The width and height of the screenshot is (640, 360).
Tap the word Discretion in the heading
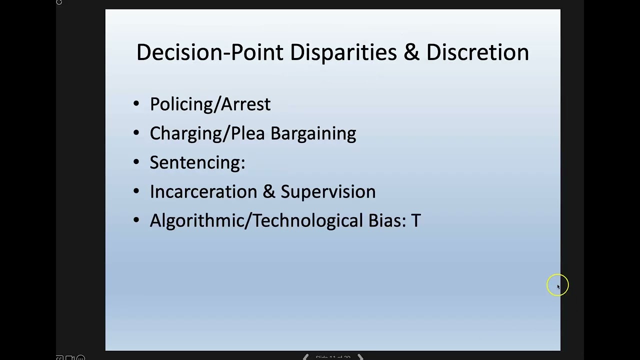point(477,52)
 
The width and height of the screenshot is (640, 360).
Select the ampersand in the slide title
point(411,52)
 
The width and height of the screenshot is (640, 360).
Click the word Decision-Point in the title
point(209,52)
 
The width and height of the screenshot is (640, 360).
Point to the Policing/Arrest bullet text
point(210,104)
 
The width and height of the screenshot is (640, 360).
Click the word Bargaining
point(313,133)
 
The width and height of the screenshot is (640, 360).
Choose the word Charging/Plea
point(207,133)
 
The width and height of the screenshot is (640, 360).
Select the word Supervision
point(328,191)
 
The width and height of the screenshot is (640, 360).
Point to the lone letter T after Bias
point(416,220)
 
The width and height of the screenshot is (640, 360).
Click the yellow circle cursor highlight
point(557,285)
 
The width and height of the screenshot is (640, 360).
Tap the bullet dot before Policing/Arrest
point(136,104)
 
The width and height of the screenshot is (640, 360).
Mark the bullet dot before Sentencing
point(136,162)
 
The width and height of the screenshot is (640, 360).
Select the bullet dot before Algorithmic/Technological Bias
point(136,220)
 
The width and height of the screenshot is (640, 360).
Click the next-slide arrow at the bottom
point(360,357)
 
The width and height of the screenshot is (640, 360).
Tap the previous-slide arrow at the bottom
point(305,357)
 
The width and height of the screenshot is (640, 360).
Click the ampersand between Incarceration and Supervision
point(269,191)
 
